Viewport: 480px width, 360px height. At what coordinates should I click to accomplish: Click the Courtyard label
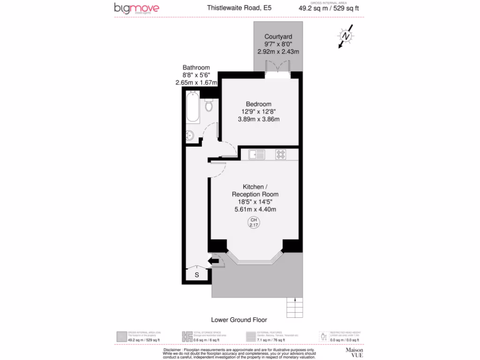278,37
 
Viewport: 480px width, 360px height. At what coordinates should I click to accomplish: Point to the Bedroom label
259,104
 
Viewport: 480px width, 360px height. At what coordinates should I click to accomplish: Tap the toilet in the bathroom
209,105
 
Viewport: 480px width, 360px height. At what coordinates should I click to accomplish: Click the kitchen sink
257,154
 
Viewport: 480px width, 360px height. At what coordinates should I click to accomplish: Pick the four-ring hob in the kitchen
281,154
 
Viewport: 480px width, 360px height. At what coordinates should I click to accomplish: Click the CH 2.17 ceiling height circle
254,223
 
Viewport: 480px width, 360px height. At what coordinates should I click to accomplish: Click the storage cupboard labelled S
197,275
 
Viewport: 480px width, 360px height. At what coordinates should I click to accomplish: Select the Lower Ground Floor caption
239,320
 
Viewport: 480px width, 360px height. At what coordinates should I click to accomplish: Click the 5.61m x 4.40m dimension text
255,210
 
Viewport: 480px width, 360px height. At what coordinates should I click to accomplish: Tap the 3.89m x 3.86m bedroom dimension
259,119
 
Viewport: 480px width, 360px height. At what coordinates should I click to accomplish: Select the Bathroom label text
196,67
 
